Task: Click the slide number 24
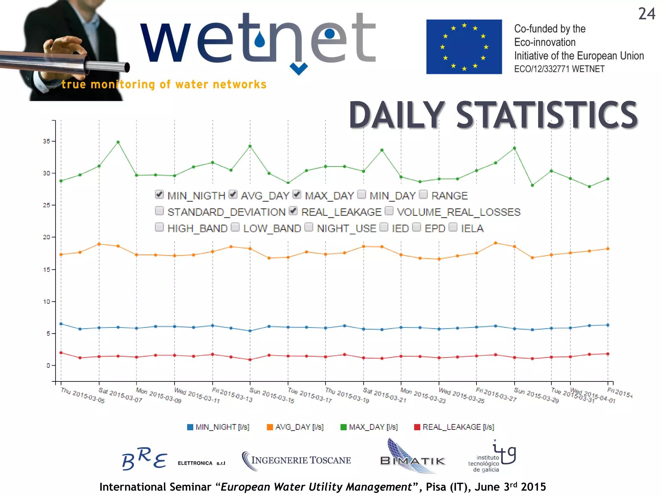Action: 646,14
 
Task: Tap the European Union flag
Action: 464,47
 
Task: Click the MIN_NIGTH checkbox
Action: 159,194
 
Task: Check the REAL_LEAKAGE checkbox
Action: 293,211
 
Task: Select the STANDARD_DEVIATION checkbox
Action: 159,211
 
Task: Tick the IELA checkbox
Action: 453,227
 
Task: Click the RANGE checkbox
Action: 423,194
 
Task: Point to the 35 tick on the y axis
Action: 47,141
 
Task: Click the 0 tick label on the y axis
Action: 48,366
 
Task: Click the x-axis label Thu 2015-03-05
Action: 83,395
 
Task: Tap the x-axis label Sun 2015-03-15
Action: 272,395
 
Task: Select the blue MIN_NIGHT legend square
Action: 190,427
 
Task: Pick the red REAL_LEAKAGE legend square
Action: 417,427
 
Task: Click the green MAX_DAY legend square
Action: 343,427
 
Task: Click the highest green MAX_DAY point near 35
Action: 118,142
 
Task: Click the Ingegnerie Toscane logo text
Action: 301,460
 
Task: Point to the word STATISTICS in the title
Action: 546,115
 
